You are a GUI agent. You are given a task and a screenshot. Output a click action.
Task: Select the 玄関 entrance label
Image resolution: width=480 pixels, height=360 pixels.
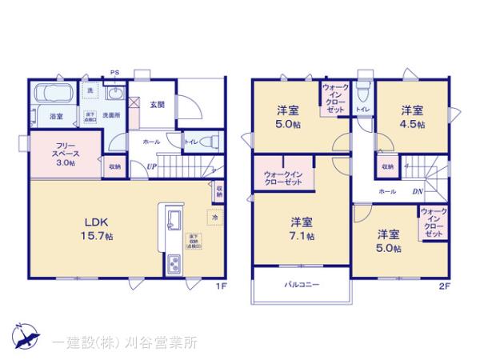[156, 105]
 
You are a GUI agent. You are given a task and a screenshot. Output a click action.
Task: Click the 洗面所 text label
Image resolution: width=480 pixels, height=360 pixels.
[110, 117]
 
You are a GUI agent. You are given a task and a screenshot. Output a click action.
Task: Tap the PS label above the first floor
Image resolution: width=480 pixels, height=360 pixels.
[114, 71]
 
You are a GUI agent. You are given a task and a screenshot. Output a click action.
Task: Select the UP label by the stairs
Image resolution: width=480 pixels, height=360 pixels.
[151, 166]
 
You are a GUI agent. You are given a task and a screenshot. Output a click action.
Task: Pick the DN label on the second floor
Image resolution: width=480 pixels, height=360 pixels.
[417, 192]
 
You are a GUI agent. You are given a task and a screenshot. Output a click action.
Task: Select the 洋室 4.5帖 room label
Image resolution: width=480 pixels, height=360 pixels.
[413, 117]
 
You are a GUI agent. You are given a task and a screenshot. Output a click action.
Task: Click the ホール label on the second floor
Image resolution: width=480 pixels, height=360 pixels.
[386, 192]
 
